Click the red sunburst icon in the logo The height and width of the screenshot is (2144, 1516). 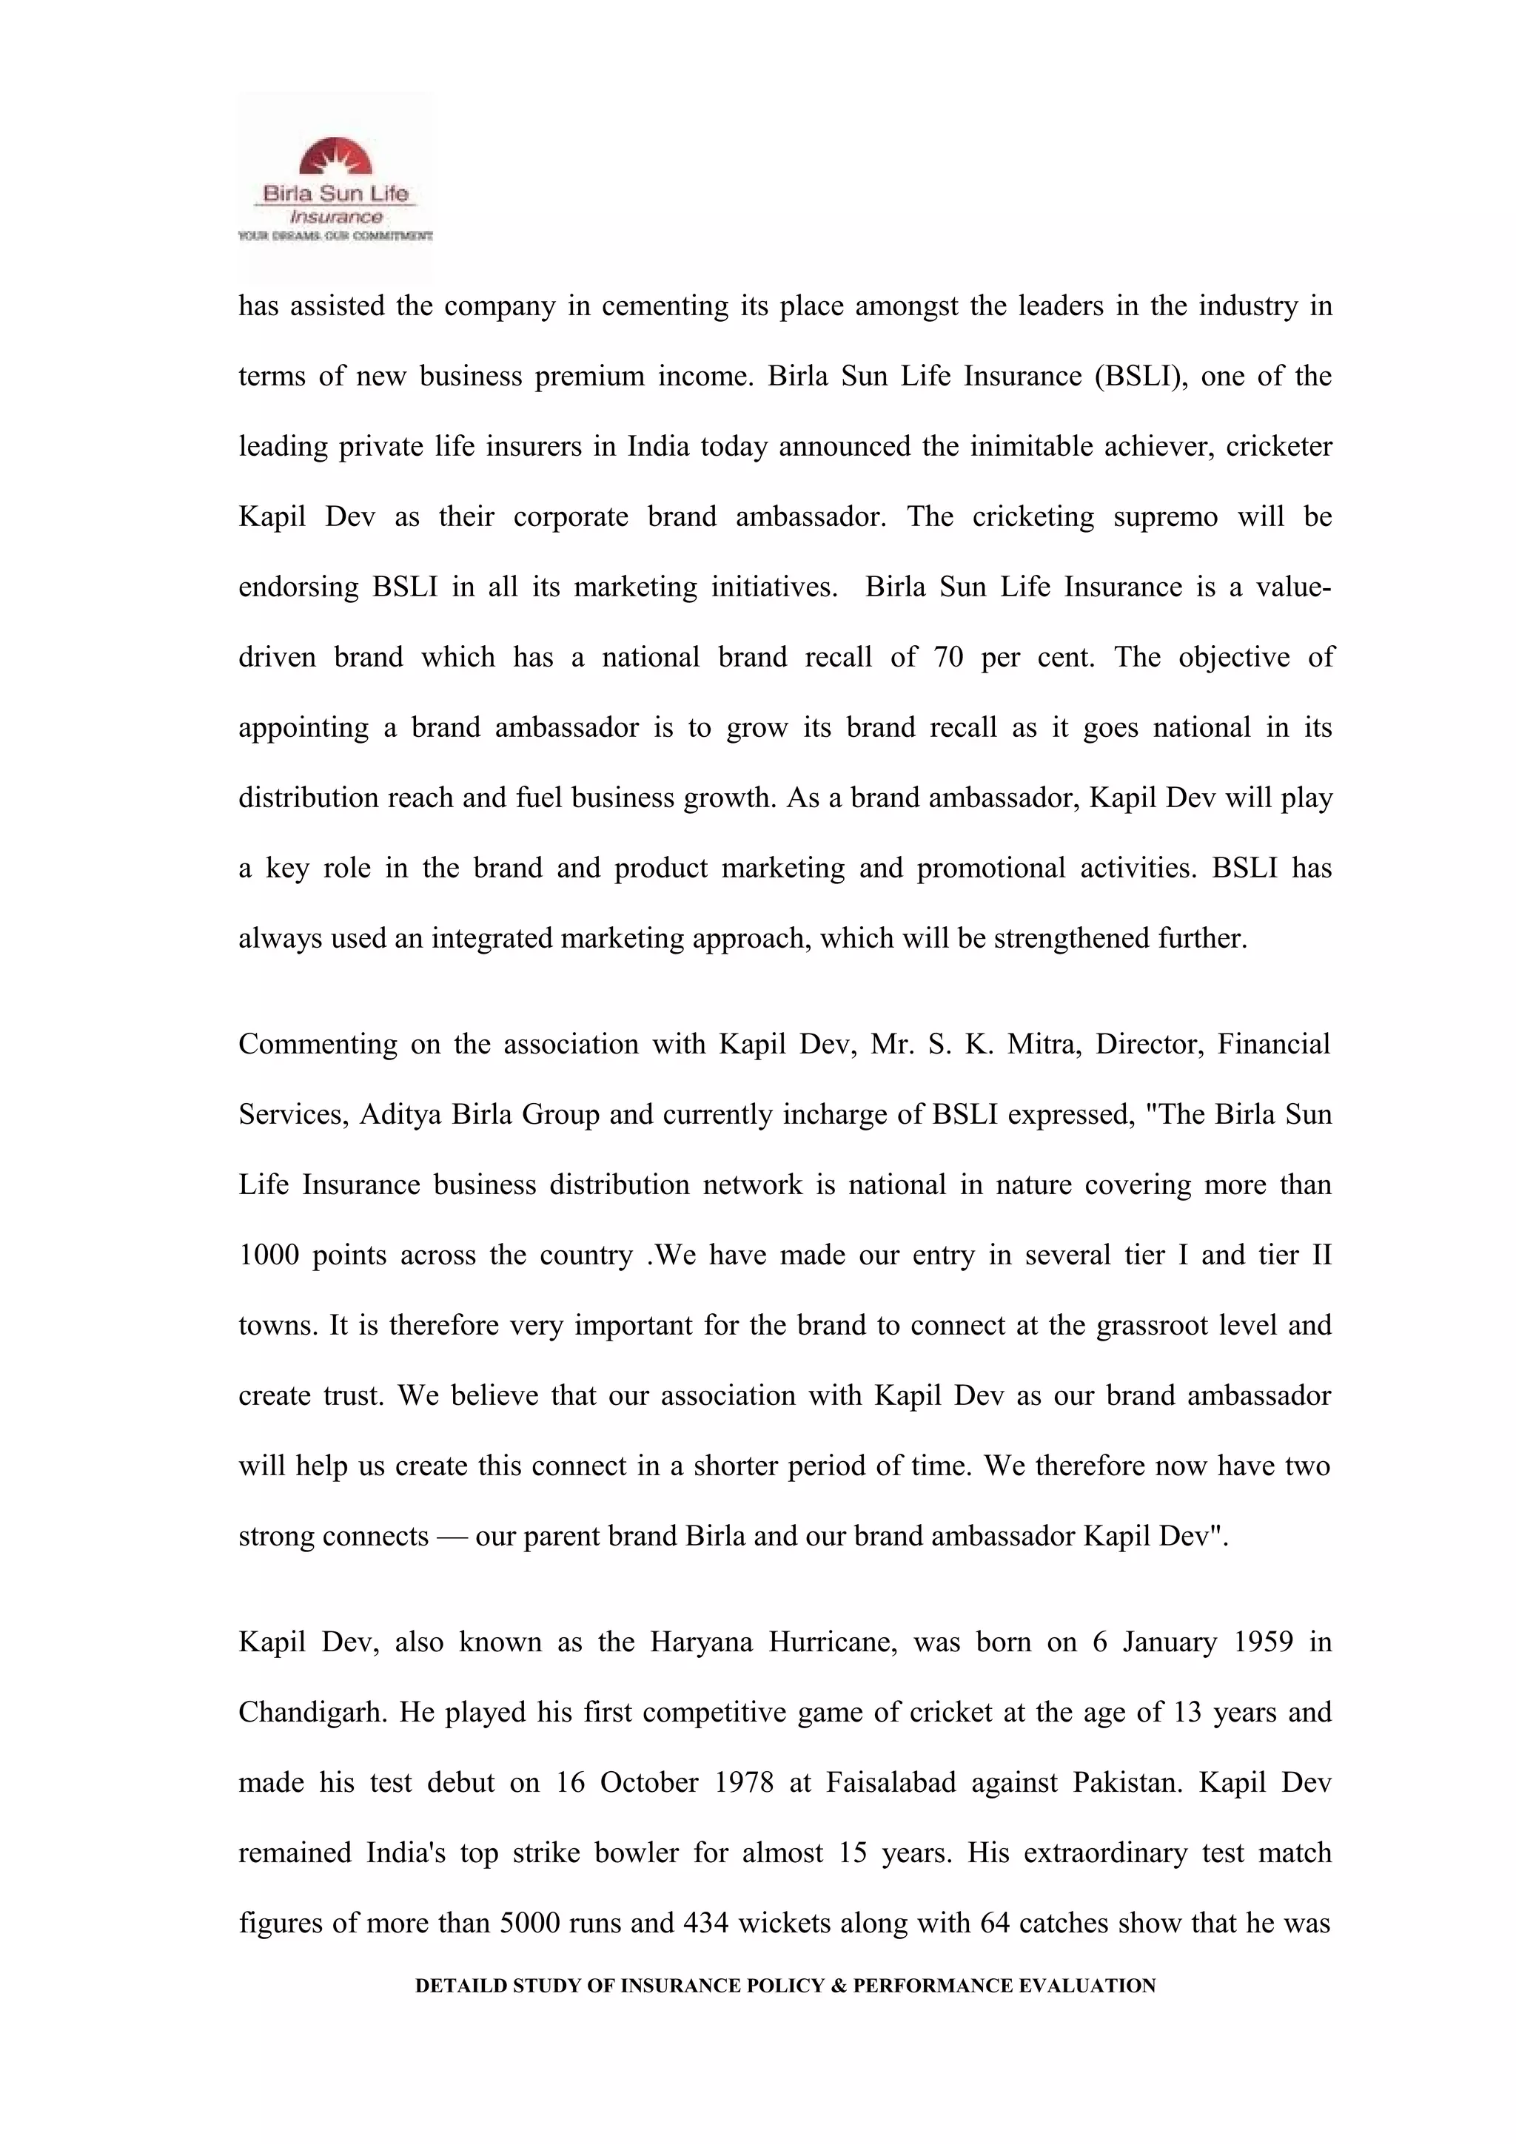tap(335, 158)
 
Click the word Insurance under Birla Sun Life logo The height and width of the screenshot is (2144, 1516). tap(335, 217)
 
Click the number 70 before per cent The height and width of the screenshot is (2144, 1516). tap(947, 658)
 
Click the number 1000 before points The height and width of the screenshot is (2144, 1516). tap(268, 1255)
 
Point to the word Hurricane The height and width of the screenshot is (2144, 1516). tap(832, 1642)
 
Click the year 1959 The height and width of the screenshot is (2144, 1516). tap(1263, 1642)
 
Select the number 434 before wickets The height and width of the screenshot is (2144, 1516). tap(705, 1924)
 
